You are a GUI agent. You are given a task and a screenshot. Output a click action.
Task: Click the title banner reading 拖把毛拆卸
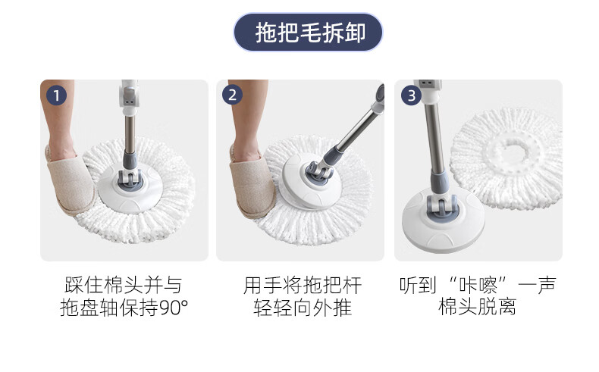(x=308, y=33)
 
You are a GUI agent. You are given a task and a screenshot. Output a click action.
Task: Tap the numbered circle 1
(x=57, y=95)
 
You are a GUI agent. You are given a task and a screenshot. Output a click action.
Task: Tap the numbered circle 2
(x=232, y=95)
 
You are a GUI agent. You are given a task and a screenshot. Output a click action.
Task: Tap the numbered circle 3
(x=411, y=95)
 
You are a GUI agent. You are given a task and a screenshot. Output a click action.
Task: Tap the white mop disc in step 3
(x=443, y=220)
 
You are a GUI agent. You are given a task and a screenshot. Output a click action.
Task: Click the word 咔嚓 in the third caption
(x=478, y=285)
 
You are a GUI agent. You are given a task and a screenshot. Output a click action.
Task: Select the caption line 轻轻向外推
(x=303, y=308)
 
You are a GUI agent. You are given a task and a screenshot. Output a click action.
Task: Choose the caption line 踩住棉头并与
(x=124, y=285)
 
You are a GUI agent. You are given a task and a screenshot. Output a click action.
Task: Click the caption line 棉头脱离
(x=478, y=307)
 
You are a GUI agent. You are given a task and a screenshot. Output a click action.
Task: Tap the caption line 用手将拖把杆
(x=303, y=285)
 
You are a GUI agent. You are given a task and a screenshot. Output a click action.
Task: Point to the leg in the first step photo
(x=58, y=118)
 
